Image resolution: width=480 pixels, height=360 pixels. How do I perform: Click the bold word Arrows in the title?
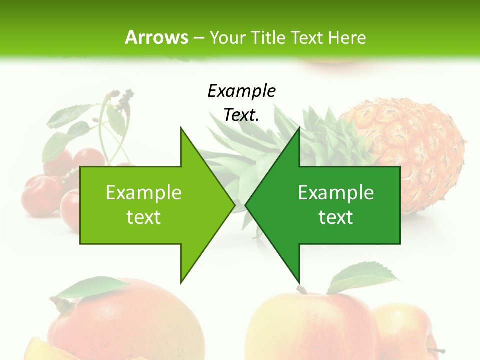click(x=156, y=37)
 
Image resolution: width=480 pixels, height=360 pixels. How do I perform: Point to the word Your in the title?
click(x=227, y=37)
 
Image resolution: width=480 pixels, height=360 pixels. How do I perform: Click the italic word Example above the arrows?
click(x=241, y=91)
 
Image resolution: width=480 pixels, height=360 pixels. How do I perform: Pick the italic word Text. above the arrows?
click(x=241, y=115)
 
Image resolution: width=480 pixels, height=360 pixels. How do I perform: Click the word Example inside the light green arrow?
click(x=144, y=192)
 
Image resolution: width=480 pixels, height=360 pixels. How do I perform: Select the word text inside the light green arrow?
click(x=144, y=217)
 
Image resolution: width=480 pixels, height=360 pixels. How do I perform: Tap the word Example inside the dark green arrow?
click(x=336, y=192)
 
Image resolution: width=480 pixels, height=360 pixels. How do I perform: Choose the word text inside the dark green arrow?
click(x=336, y=217)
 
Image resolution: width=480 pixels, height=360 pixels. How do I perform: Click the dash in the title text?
click(x=199, y=37)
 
